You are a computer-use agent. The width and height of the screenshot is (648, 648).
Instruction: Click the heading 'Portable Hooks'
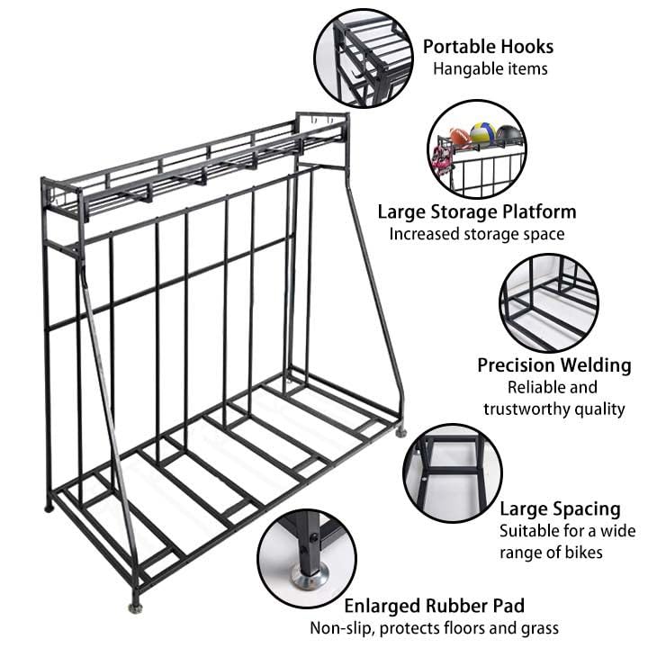488,47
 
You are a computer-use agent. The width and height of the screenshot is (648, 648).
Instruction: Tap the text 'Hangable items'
490,68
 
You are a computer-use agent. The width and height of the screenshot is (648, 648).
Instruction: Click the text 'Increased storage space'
477,234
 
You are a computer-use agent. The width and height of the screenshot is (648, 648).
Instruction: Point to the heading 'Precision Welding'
553,365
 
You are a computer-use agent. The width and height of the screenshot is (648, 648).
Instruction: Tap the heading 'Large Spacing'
560,508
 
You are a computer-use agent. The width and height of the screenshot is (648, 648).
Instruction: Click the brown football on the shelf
460,138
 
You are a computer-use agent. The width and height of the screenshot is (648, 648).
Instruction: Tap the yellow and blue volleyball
483,134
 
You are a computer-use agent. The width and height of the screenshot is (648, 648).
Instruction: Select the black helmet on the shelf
509,135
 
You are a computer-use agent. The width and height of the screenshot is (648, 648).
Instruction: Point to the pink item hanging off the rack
442,158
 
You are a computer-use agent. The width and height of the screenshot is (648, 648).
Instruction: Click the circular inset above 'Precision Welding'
549,302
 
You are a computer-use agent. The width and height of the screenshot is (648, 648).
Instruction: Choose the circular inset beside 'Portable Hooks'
363,58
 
